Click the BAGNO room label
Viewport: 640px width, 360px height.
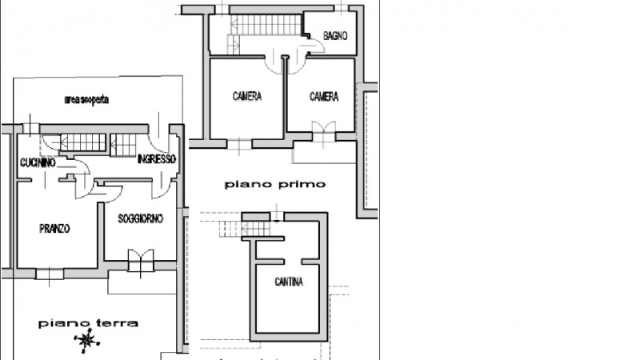pyautogui.click(x=334, y=36)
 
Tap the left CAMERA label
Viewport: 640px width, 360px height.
pyautogui.click(x=248, y=97)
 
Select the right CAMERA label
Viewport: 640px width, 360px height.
pyautogui.click(x=324, y=97)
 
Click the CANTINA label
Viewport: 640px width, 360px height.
pyautogui.click(x=288, y=282)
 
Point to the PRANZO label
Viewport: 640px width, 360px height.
pyautogui.click(x=54, y=229)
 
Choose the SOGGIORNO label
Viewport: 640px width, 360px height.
pyautogui.click(x=140, y=218)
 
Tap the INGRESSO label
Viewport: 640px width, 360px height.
pyautogui.click(x=156, y=159)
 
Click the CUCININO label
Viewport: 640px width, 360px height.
pyautogui.click(x=38, y=162)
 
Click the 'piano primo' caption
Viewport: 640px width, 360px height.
pyautogui.click(x=275, y=184)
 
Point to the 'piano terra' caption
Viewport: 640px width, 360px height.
pyautogui.click(x=89, y=324)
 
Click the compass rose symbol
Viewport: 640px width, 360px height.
pyautogui.click(x=86, y=341)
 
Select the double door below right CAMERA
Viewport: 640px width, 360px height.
pyautogui.click(x=324, y=130)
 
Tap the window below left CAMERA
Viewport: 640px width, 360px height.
pyautogui.click(x=240, y=144)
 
